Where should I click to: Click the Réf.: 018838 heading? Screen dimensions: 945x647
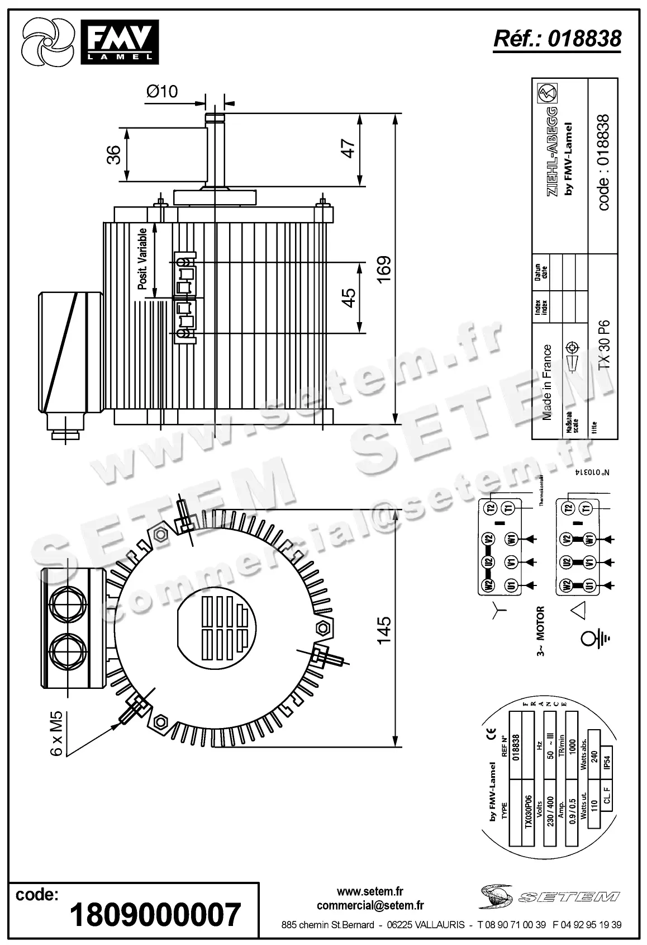click(x=557, y=39)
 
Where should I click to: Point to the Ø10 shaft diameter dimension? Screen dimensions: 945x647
click(x=162, y=91)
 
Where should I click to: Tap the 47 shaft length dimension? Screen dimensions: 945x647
click(x=348, y=149)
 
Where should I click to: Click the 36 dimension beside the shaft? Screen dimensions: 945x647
click(x=113, y=155)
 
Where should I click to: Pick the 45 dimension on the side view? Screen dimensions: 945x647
click(x=348, y=297)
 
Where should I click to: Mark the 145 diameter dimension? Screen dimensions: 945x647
click(x=384, y=631)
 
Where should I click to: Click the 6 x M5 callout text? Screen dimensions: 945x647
click(x=58, y=734)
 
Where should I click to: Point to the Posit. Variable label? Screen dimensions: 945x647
click(x=143, y=258)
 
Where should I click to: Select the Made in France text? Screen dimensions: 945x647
click(x=547, y=382)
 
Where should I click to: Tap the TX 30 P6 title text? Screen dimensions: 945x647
click(x=604, y=344)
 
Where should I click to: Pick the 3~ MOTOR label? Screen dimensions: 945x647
click(x=541, y=631)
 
